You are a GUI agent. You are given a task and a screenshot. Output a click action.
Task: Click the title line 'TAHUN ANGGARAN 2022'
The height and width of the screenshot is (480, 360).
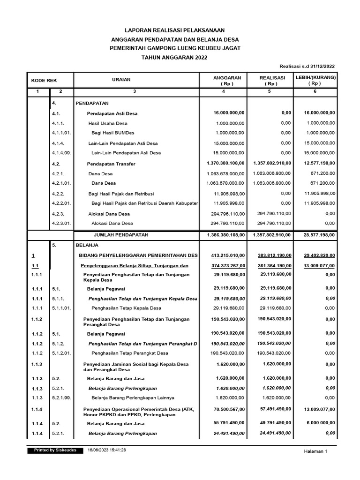click(174, 57)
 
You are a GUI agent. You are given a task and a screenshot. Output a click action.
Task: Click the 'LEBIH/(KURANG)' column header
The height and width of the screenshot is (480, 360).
click(315, 77)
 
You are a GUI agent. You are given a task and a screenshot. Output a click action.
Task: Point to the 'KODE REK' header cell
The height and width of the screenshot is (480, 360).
click(44, 81)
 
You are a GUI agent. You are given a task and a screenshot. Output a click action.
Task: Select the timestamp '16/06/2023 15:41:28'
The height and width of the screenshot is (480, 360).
click(107, 450)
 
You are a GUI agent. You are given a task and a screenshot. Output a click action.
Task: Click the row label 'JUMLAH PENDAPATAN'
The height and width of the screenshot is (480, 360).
click(121, 234)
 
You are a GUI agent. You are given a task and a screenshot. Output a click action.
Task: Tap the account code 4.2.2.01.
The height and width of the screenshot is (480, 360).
click(61, 203)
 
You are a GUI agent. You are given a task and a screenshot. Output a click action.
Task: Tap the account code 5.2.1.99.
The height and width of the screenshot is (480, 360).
click(61, 397)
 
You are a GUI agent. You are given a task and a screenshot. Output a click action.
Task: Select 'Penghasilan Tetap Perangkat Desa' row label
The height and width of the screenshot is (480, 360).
click(130, 353)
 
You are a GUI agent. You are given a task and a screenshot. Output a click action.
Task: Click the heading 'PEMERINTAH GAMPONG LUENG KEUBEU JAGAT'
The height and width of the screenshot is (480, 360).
click(174, 48)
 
